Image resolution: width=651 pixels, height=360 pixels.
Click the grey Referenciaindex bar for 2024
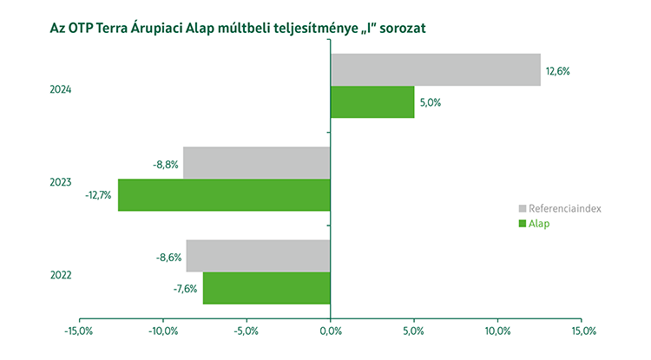pyautogui.click(x=435, y=70)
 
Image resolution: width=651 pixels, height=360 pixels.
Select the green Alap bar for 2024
pyautogui.click(x=372, y=102)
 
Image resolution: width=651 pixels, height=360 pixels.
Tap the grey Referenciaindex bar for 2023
pyautogui.click(x=257, y=162)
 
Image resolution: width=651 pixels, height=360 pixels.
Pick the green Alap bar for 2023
pyautogui.click(x=224, y=194)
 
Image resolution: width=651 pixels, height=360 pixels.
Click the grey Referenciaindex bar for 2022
pyautogui.click(x=258, y=256)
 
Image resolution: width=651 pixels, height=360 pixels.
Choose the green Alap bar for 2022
pyautogui.click(x=266, y=288)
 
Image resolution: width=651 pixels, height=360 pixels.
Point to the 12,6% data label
pyautogui.click(x=557, y=71)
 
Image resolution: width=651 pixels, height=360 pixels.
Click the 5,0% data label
pyautogui.click(x=431, y=102)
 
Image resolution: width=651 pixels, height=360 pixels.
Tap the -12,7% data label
pyautogui.click(x=98, y=195)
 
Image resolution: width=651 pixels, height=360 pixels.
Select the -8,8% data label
pyautogui.click(x=165, y=163)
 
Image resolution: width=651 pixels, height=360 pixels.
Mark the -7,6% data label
pyautogui.click(x=185, y=289)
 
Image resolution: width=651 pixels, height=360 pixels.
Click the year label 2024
pyautogui.click(x=61, y=89)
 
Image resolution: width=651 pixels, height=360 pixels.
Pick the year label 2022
pyautogui.click(x=61, y=275)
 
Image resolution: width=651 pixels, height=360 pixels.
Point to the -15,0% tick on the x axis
pyautogui.click(x=79, y=331)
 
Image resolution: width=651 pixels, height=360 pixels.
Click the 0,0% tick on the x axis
pyautogui.click(x=331, y=331)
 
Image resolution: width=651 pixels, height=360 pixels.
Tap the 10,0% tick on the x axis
pyautogui.click(x=498, y=331)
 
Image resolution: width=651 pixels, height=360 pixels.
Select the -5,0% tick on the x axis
pyautogui.click(x=247, y=331)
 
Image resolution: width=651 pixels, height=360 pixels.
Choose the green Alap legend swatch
pyautogui.click(x=523, y=224)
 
